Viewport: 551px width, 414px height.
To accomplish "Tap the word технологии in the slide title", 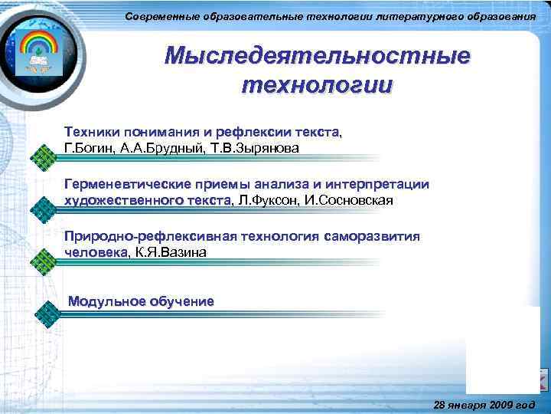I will click(318, 84).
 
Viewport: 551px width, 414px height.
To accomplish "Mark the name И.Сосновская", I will click(350, 200).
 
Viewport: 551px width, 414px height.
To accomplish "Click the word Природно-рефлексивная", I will click(141, 236).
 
